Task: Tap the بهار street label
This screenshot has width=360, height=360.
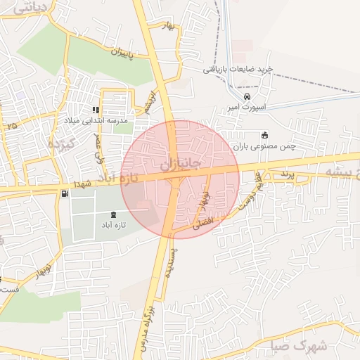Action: (167, 26)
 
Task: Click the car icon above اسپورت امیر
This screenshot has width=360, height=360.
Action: (246, 96)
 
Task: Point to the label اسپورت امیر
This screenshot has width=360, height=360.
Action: (244, 108)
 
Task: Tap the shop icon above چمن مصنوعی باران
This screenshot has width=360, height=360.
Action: (264, 136)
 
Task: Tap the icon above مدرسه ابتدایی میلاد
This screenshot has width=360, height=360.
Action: (96, 110)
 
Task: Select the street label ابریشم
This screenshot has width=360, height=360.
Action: (148, 103)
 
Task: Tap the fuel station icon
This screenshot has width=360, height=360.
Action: (65, 193)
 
